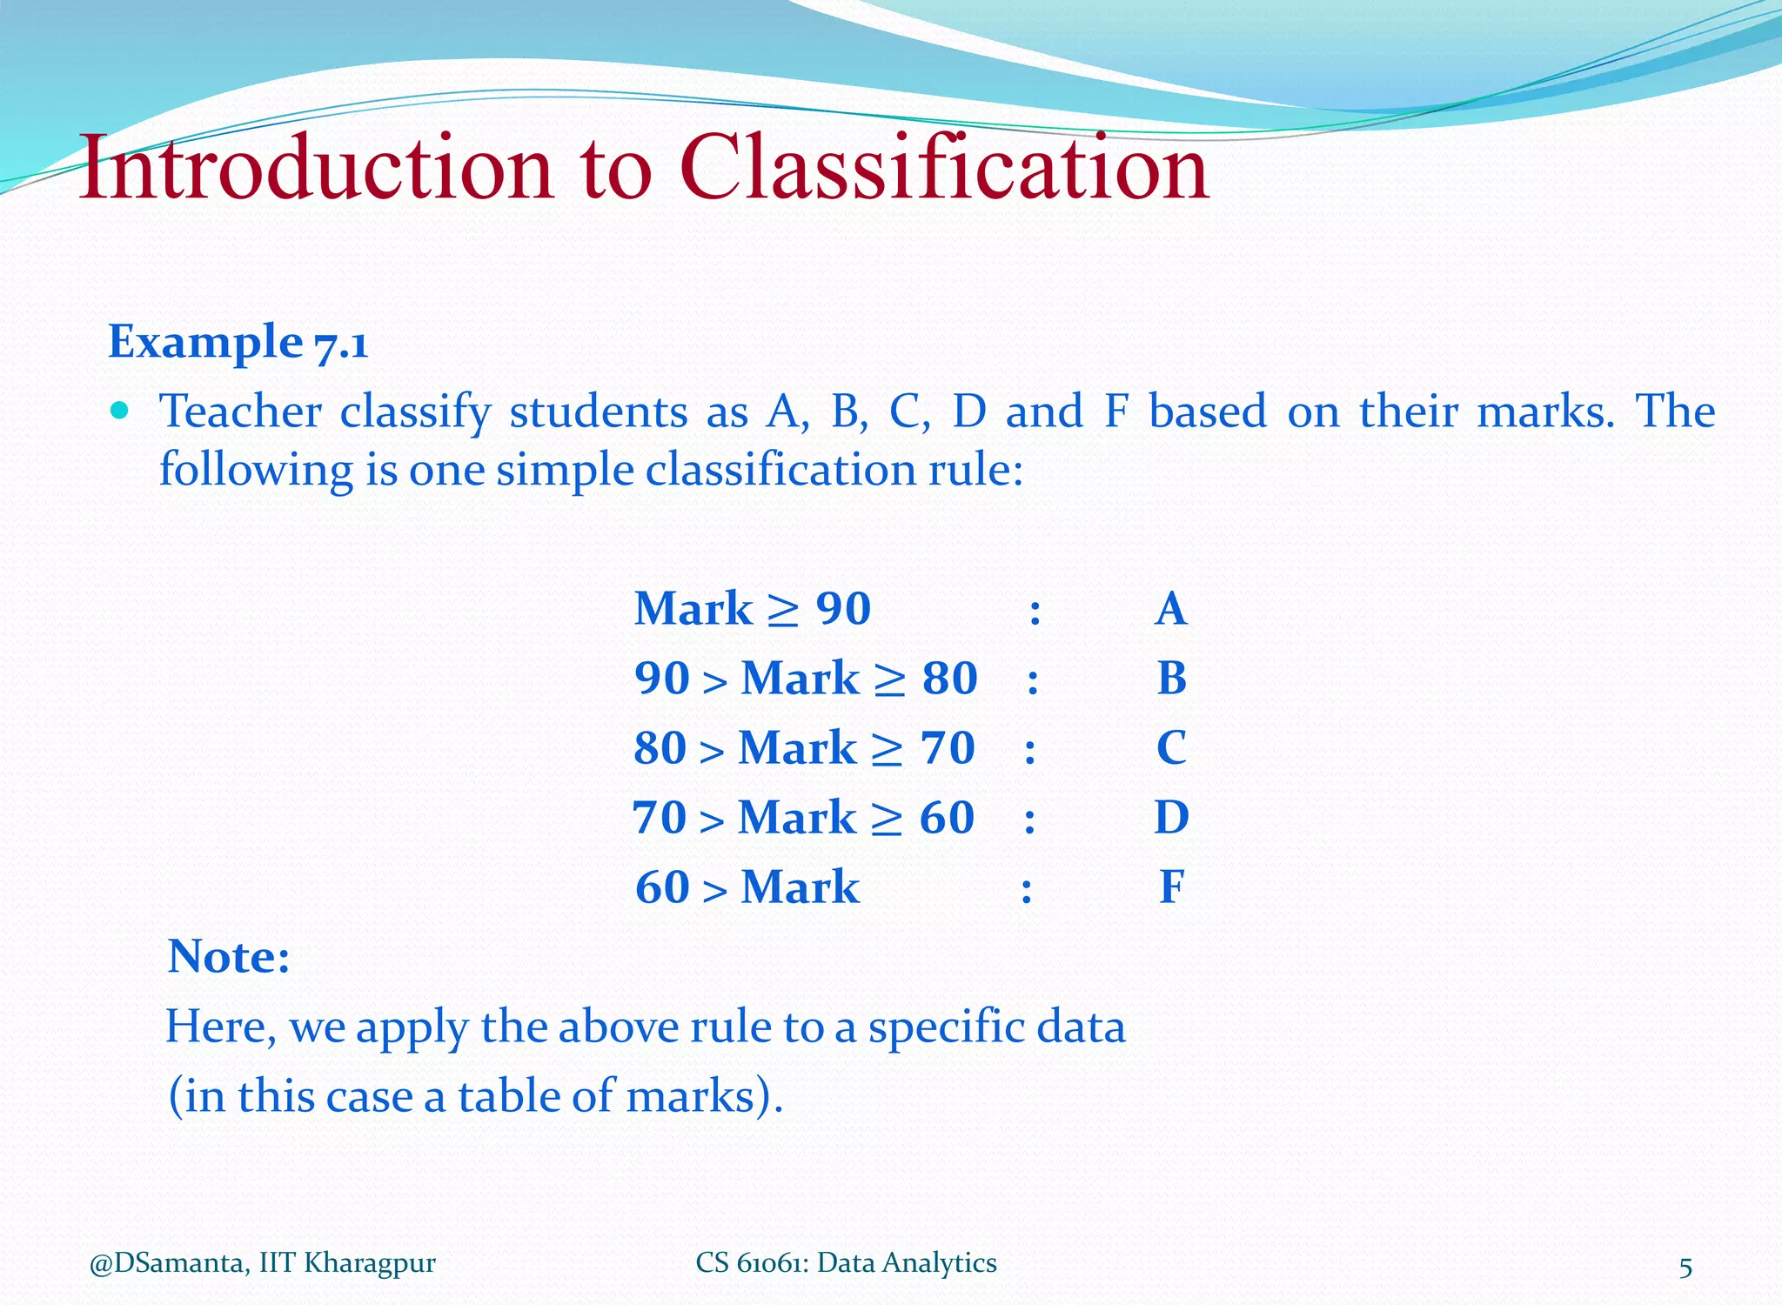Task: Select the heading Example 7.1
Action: point(238,342)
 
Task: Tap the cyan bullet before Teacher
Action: point(120,410)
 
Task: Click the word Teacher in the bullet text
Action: point(240,412)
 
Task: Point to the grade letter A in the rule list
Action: point(1171,609)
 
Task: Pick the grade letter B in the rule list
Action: point(1171,679)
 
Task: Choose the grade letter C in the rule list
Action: point(1171,748)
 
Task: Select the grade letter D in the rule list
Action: point(1171,818)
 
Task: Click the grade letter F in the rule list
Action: point(1171,887)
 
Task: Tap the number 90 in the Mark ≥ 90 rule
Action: point(843,609)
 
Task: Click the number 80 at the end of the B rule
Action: point(950,679)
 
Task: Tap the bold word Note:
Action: point(229,957)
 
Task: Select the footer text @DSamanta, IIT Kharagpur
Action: point(262,1263)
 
